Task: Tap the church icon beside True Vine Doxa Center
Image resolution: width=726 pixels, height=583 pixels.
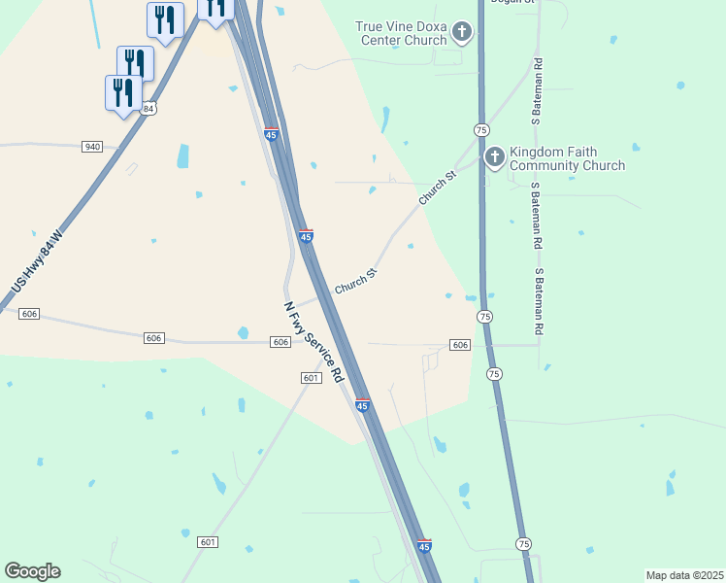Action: click(462, 33)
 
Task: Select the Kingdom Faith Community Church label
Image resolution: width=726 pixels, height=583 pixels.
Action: click(567, 158)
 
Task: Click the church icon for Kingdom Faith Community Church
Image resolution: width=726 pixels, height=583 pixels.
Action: click(494, 156)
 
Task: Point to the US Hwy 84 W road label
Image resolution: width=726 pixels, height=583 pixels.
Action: click(37, 263)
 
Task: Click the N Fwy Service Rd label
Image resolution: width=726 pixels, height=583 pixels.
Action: click(314, 342)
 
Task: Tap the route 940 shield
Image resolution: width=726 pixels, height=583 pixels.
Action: click(92, 146)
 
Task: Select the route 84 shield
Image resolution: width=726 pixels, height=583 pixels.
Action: click(148, 109)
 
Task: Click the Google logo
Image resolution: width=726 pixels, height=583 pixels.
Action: click(32, 571)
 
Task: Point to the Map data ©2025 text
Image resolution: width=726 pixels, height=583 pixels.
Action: click(684, 575)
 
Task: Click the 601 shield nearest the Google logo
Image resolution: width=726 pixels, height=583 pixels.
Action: click(208, 541)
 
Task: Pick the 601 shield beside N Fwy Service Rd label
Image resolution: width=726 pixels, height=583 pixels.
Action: click(311, 378)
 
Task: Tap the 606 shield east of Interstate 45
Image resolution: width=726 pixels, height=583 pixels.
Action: click(460, 345)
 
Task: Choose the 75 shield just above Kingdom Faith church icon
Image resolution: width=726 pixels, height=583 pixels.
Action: click(481, 129)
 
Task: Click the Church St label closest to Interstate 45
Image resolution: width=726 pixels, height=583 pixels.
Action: click(355, 282)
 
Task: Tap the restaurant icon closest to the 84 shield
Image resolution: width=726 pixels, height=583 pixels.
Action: click(122, 93)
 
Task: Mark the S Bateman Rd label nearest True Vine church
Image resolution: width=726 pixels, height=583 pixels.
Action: click(535, 91)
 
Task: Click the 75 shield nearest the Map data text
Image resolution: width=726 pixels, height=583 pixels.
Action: click(524, 543)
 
